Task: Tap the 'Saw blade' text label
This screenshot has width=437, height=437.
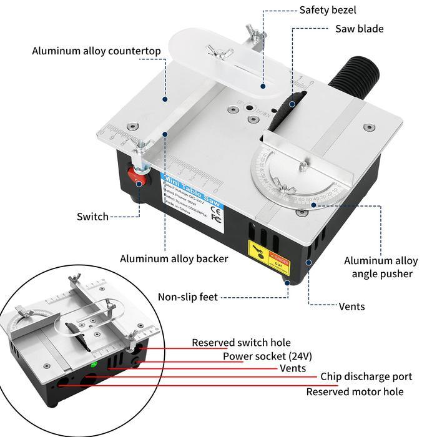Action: (x=359, y=29)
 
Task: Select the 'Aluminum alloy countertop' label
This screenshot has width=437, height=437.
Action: (x=96, y=51)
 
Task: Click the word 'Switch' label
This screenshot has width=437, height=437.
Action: (x=92, y=217)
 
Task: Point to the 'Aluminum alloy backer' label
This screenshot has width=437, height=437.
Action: (x=174, y=258)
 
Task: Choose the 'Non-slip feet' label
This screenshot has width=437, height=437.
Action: (x=187, y=297)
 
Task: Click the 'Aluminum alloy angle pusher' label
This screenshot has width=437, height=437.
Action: (x=381, y=267)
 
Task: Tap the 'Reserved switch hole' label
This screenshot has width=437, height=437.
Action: (x=241, y=343)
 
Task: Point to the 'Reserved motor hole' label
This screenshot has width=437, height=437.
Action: (x=354, y=392)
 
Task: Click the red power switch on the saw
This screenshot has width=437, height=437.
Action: (x=138, y=176)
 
